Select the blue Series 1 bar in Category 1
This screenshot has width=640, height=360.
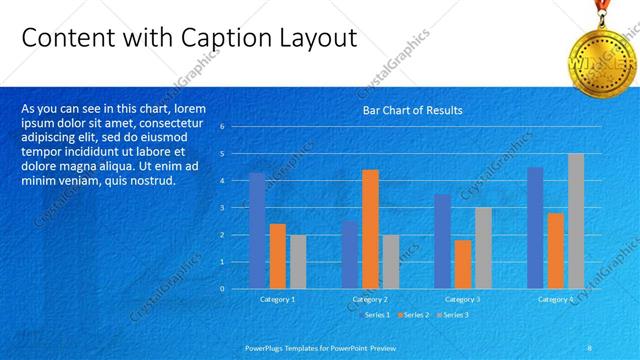(257, 230)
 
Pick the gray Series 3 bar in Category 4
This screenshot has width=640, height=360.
(576, 221)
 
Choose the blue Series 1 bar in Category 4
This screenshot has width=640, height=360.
(535, 228)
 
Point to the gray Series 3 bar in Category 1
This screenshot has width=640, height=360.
(298, 262)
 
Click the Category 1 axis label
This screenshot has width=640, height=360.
(277, 299)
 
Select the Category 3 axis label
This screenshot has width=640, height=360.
(461, 299)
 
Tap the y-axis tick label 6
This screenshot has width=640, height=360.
(236, 127)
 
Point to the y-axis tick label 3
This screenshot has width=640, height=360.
(236, 208)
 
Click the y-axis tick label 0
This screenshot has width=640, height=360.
(236, 289)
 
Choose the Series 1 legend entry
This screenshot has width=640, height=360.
(376, 315)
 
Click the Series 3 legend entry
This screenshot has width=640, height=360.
(455, 315)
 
